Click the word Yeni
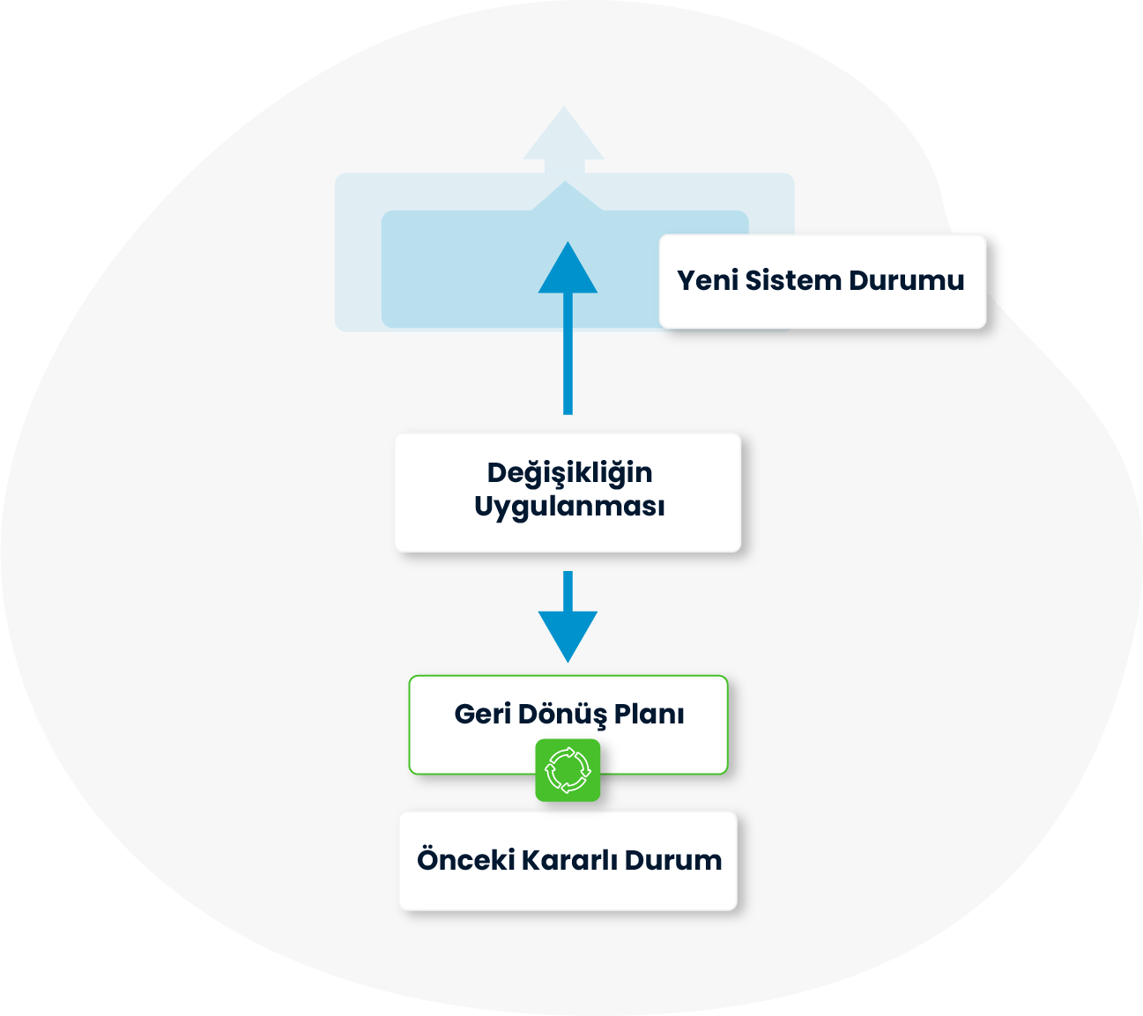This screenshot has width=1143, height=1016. (x=707, y=281)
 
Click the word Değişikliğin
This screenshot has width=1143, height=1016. (x=569, y=473)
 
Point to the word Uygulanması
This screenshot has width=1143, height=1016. (x=569, y=508)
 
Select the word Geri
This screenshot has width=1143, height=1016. (x=482, y=714)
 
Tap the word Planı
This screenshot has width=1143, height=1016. (x=649, y=714)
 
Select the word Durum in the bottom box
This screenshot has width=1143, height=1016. (x=673, y=860)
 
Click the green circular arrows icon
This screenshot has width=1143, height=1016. (x=568, y=770)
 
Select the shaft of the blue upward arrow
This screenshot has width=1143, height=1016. (x=568, y=352)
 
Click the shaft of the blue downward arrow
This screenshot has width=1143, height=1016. (x=568, y=590)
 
